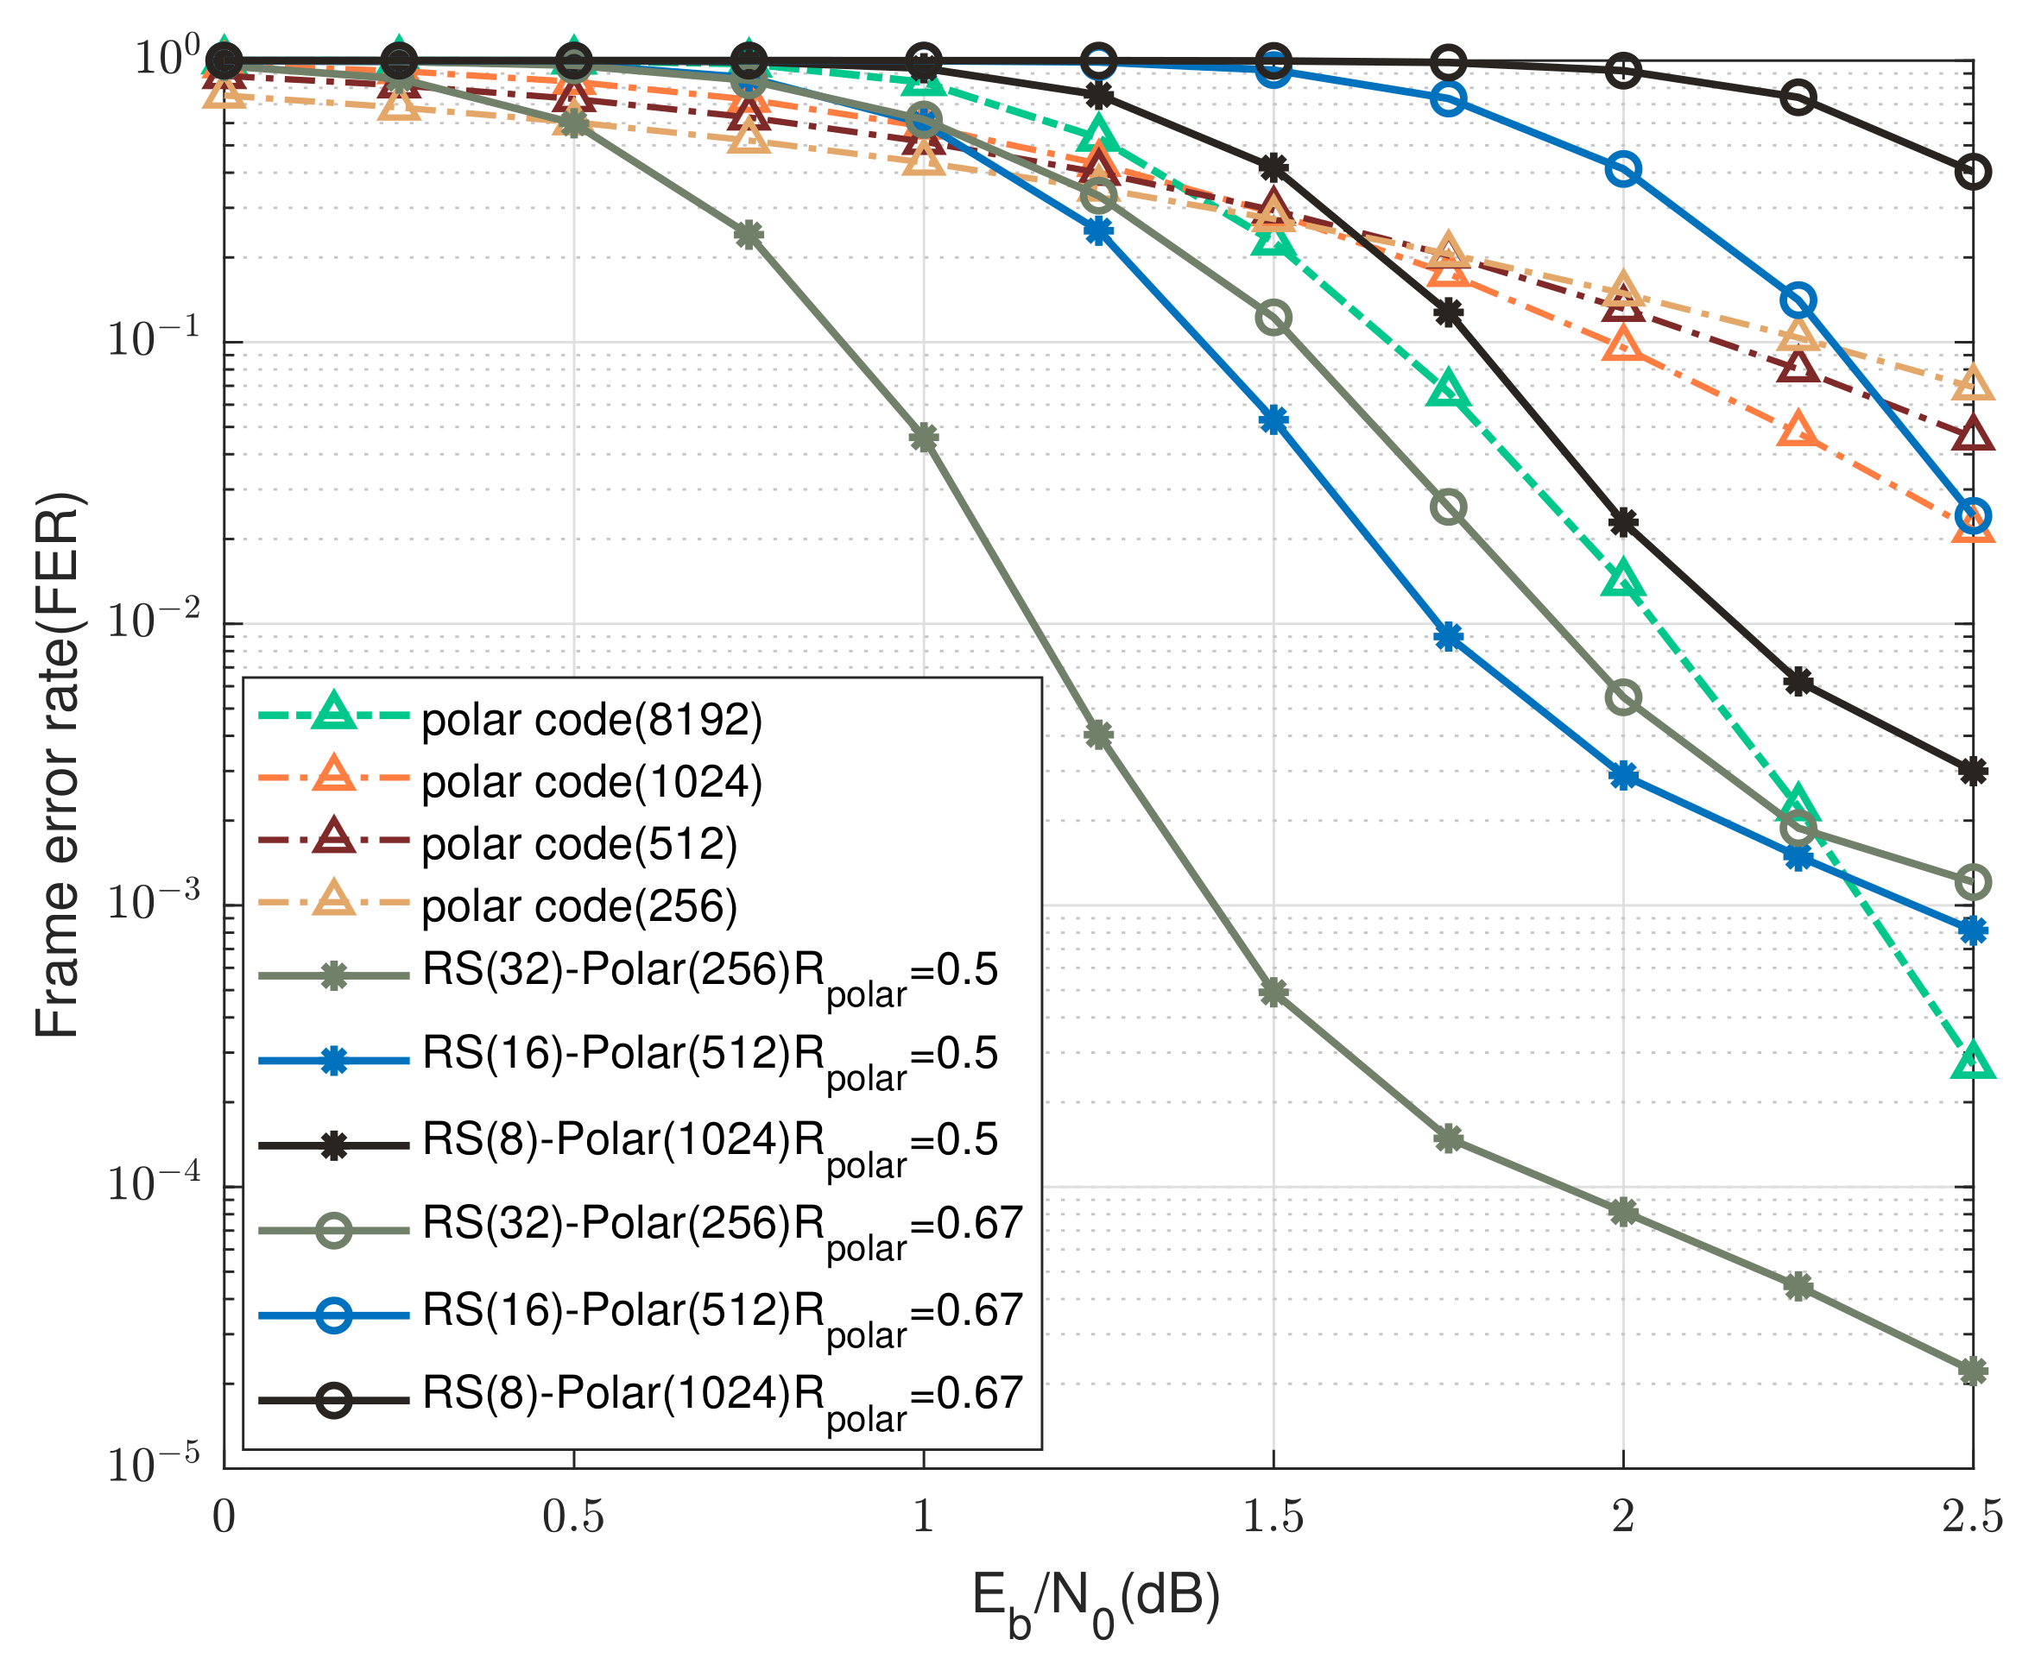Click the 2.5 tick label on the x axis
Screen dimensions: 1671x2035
[x=1971, y=1517]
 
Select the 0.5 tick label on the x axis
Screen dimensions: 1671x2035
[x=574, y=1517]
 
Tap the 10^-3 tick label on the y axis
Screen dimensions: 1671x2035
[x=153, y=903]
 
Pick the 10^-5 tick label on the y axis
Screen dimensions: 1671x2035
[x=153, y=1465]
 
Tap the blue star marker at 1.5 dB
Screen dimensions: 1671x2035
[x=1273, y=419]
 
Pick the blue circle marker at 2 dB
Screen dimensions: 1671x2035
[x=1623, y=170]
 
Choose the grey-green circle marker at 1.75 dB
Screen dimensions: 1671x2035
[x=1448, y=508]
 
